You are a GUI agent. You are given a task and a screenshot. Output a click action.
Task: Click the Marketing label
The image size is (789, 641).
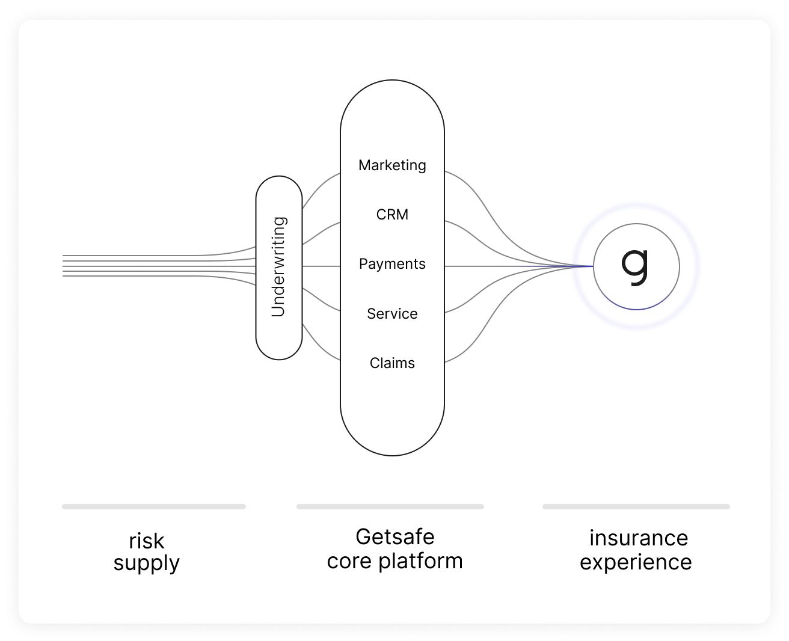click(x=392, y=165)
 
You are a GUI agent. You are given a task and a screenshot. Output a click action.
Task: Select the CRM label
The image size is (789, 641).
click(x=392, y=215)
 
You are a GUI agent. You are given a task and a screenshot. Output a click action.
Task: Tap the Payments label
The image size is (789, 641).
click(x=392, y=264)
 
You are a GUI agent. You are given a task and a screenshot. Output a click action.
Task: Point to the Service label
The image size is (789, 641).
click(x=392, y=314)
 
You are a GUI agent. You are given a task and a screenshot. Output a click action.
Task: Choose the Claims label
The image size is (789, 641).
click(x=392, y=363)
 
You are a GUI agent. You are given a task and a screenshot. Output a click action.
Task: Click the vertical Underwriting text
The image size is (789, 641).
click(x=278, y=267)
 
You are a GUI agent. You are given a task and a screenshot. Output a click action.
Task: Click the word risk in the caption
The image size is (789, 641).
click(x=146, y=541)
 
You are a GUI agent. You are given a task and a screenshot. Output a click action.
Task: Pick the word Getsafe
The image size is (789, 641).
click(x=394, y=536)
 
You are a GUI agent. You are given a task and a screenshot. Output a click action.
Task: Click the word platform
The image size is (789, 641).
click(x=420, y=561)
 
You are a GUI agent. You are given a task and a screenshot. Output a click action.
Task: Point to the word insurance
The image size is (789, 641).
click(x=638, y=538)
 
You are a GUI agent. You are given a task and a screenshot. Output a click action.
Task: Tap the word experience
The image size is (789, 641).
click(x=636, y=562)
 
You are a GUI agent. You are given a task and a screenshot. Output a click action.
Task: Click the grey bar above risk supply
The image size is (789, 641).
click(x=154, y=507)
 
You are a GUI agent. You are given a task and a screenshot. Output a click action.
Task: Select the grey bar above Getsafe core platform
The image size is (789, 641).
click(x=390, y=507)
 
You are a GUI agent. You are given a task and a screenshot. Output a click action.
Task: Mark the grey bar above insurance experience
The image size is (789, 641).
click(x=636, y=507)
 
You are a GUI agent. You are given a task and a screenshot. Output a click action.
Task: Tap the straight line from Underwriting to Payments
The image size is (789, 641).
click(x=321, y=266)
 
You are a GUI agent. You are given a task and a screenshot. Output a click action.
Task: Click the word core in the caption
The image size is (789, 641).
click(x=349, y=561)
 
